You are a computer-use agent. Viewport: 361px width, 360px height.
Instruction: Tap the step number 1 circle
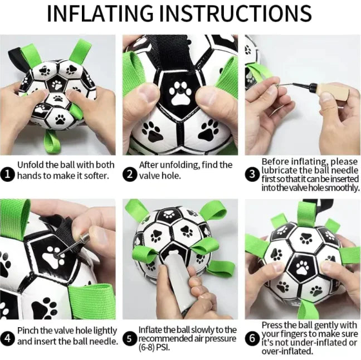pyautogui.click(x=8, y=175)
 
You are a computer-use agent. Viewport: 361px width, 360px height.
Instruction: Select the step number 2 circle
pyautogui.click(x=129, y=175)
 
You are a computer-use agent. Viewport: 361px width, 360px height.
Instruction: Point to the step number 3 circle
pyautogui.click(x=252, y=175)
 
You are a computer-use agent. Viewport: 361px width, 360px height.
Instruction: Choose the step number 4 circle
pyautogui.click(x=8, y=338)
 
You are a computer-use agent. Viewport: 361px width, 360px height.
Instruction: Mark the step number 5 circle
pyautogui.click(x=129, y=338)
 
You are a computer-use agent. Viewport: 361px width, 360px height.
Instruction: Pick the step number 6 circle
pyautogui.click(x=252, y=338)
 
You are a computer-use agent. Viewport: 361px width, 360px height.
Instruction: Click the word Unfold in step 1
pyautogui.click(x=31, y=165)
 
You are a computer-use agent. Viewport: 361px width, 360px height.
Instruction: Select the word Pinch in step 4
pyautogui.click(x=28, y=330)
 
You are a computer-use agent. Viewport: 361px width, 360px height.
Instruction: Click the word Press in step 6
pyautogui.click(x=272, y=324)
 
